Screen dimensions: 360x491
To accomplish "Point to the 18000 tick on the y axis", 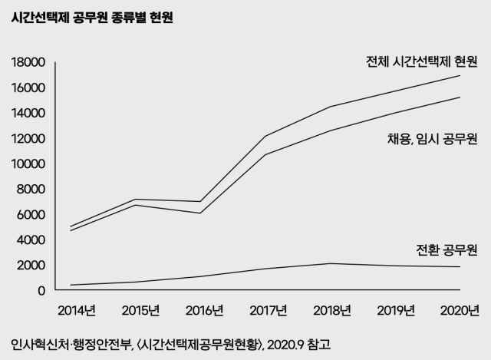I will tap(28, 62).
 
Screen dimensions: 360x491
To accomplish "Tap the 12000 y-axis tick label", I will tap(28, 138).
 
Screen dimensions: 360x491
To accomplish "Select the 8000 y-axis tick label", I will tap(31, 189).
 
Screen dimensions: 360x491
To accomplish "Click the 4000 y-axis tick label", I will tap(31, 239).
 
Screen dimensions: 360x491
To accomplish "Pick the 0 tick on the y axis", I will tap(42, 290).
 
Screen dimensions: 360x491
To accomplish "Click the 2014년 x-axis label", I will tap(76, 311).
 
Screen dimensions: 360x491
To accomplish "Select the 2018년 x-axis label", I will tap(331, 311).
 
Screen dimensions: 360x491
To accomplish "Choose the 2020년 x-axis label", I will tap(460, 311).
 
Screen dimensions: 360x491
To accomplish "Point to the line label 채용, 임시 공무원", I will tap(433, 139).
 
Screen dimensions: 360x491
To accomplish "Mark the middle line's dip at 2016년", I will tap(202, 213).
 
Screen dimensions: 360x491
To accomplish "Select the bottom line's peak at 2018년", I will tap(331, 263).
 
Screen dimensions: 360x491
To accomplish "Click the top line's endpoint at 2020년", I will tap(460, 76).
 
